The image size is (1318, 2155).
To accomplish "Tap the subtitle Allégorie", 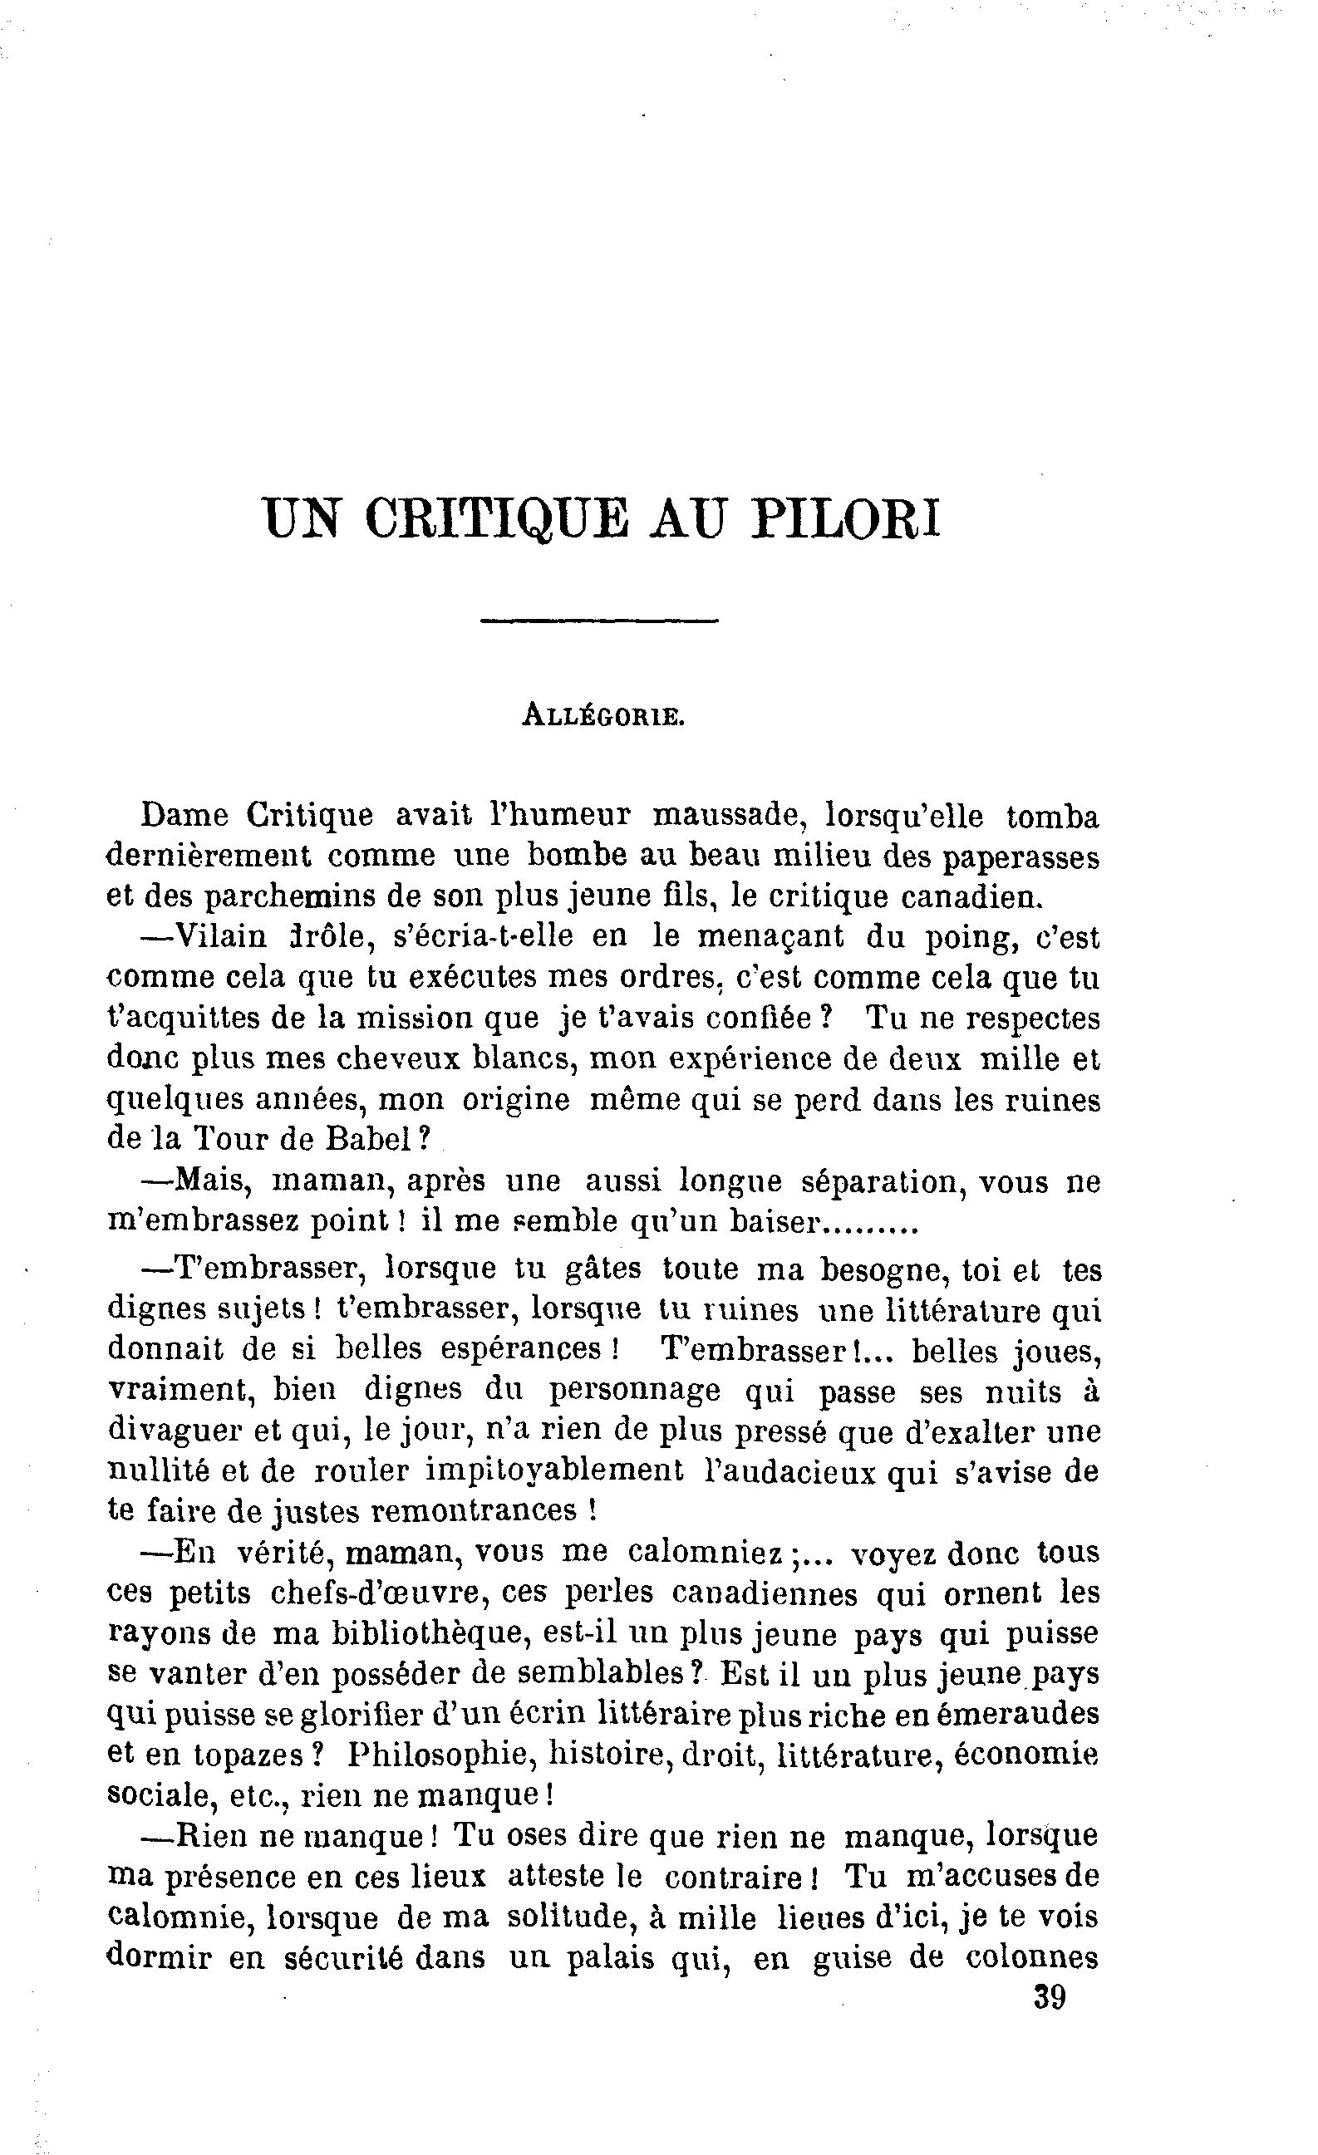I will (602, 716).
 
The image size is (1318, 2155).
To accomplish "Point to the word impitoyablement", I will (553, 1471).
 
